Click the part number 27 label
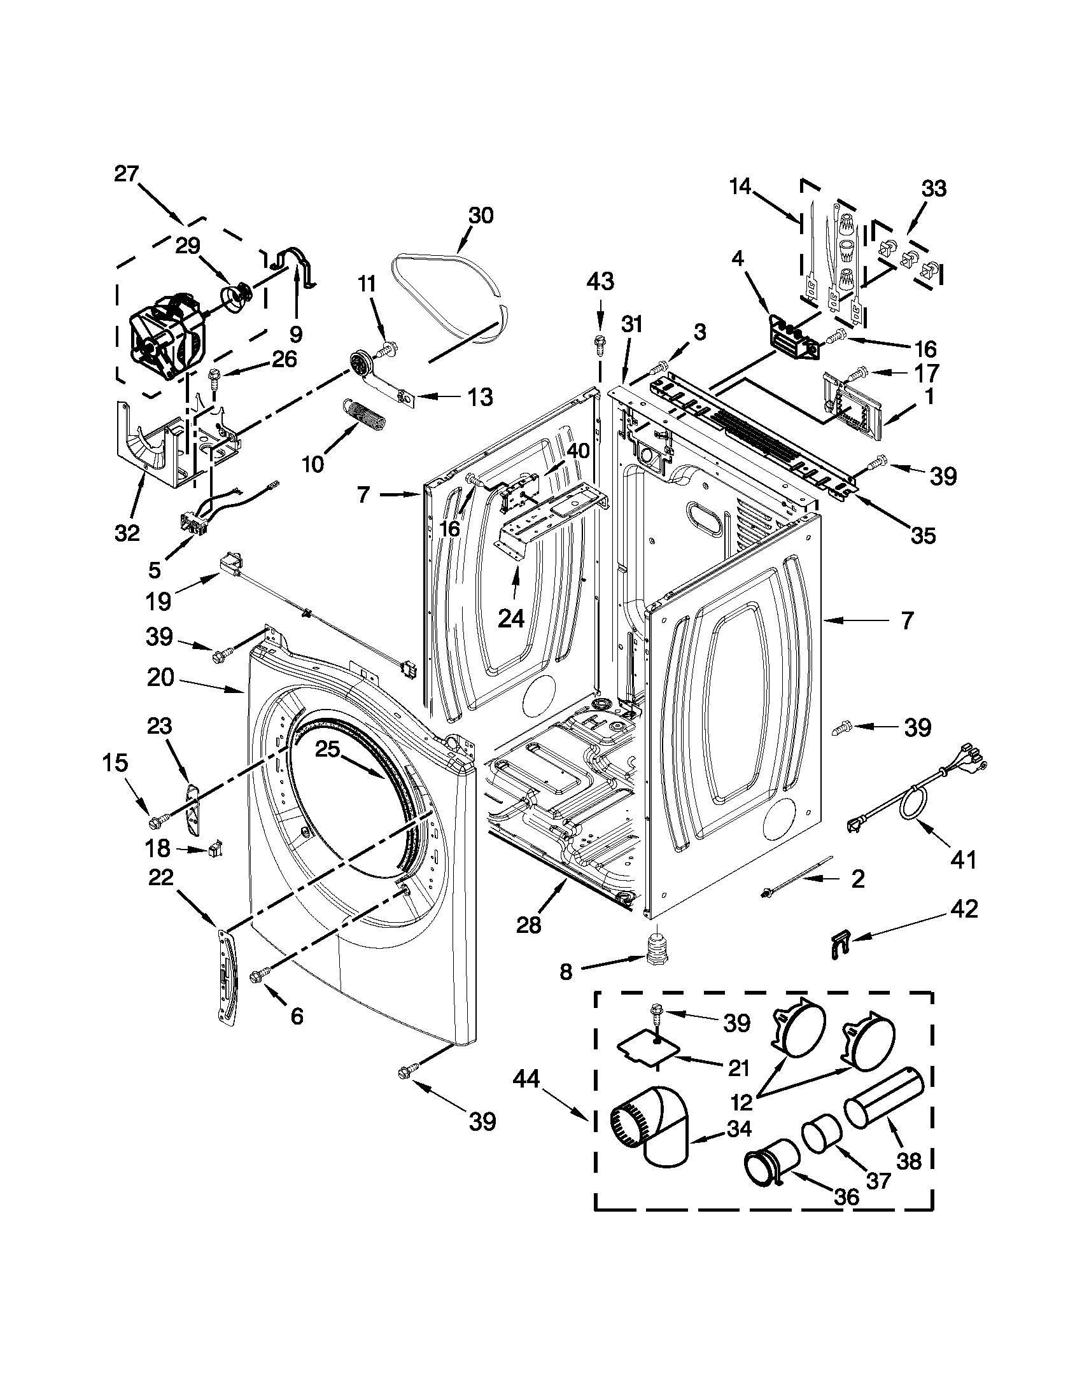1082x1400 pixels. (x=126, y=174)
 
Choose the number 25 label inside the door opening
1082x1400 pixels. (x=327, y=750)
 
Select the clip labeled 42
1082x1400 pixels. (x=838, y=944)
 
